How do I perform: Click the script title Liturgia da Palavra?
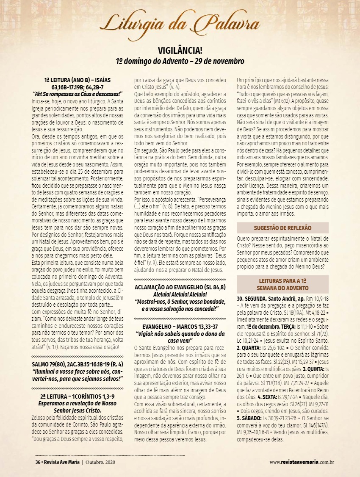click(x=180, y=22)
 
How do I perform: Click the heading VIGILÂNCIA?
click(x=180, y=50)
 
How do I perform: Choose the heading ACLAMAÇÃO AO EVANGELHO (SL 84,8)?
click(x=180, y=287)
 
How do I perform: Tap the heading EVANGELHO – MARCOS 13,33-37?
click(x=180, y=327)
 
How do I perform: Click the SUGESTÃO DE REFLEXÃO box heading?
click(x=282, y=228)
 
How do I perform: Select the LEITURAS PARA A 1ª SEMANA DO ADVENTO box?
click(x=282, y=284)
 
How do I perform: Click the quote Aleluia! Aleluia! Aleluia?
click(x=180, y=294)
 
